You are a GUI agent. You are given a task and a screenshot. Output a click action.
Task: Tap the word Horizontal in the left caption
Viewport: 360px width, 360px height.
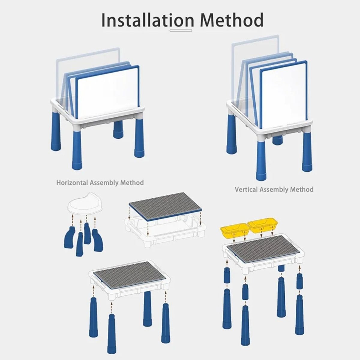(x=72, y=182)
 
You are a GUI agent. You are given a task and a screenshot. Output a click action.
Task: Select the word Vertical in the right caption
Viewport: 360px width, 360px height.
(x=247, y=189)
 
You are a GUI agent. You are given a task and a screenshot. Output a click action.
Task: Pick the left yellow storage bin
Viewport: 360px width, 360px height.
(x=235, y=230)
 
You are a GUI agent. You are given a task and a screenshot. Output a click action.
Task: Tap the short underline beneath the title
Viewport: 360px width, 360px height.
(x=181, y=30)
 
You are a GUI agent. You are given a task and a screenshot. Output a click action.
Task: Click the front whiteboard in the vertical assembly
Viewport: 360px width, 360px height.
(x=284, y=94)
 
